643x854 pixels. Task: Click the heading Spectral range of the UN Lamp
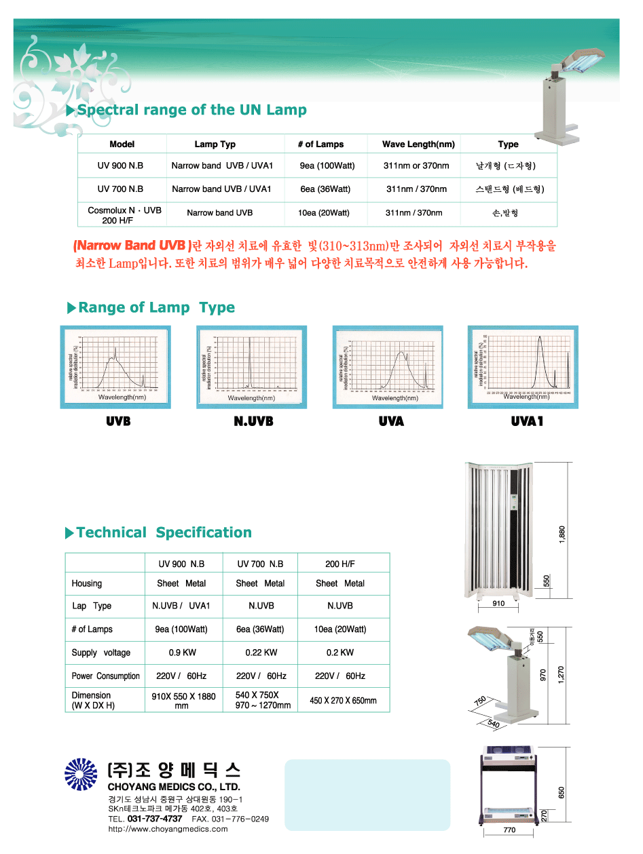pos(191,110)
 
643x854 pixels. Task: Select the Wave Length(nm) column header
pos(418,144)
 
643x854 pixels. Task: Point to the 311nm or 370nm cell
pos(416,166)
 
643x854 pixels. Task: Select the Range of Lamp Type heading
pos(156,308)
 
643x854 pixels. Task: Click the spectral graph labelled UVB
pos(115,366)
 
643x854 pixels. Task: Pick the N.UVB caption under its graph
pos(253,422)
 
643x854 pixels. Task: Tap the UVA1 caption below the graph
pos(528,422)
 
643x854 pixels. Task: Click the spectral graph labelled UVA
pos(388,366)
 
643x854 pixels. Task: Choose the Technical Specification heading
pos(164,532)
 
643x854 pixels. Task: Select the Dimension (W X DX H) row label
pos(93,700)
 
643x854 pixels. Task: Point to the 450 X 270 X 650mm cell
pos(343,700)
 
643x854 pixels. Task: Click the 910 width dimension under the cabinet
pos(498,603)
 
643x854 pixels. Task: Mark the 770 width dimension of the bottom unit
pos(509,830)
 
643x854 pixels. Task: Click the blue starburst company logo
pos(81,775)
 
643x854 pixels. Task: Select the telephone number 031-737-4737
pos(155,819)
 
